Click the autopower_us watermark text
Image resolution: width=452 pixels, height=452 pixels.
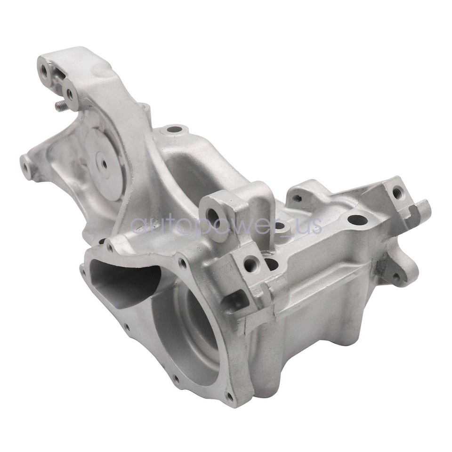coord(226,225)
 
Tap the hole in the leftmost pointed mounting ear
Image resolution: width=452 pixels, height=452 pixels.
coord(25,164)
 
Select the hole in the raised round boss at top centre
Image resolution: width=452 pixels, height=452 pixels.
coord(174,129)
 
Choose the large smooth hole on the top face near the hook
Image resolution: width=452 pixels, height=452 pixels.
coord(357,220)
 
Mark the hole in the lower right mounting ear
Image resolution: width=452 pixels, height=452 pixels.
coord(396,275)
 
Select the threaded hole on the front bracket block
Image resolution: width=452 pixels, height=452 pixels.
coord(250,265)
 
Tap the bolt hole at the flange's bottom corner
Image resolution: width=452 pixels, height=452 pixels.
coord(229,397)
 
